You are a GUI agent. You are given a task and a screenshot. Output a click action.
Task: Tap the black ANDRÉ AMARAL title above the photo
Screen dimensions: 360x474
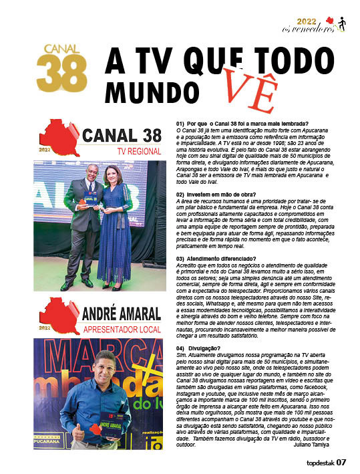124,312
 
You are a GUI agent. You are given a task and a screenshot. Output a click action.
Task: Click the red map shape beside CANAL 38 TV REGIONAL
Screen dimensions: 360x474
61,137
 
